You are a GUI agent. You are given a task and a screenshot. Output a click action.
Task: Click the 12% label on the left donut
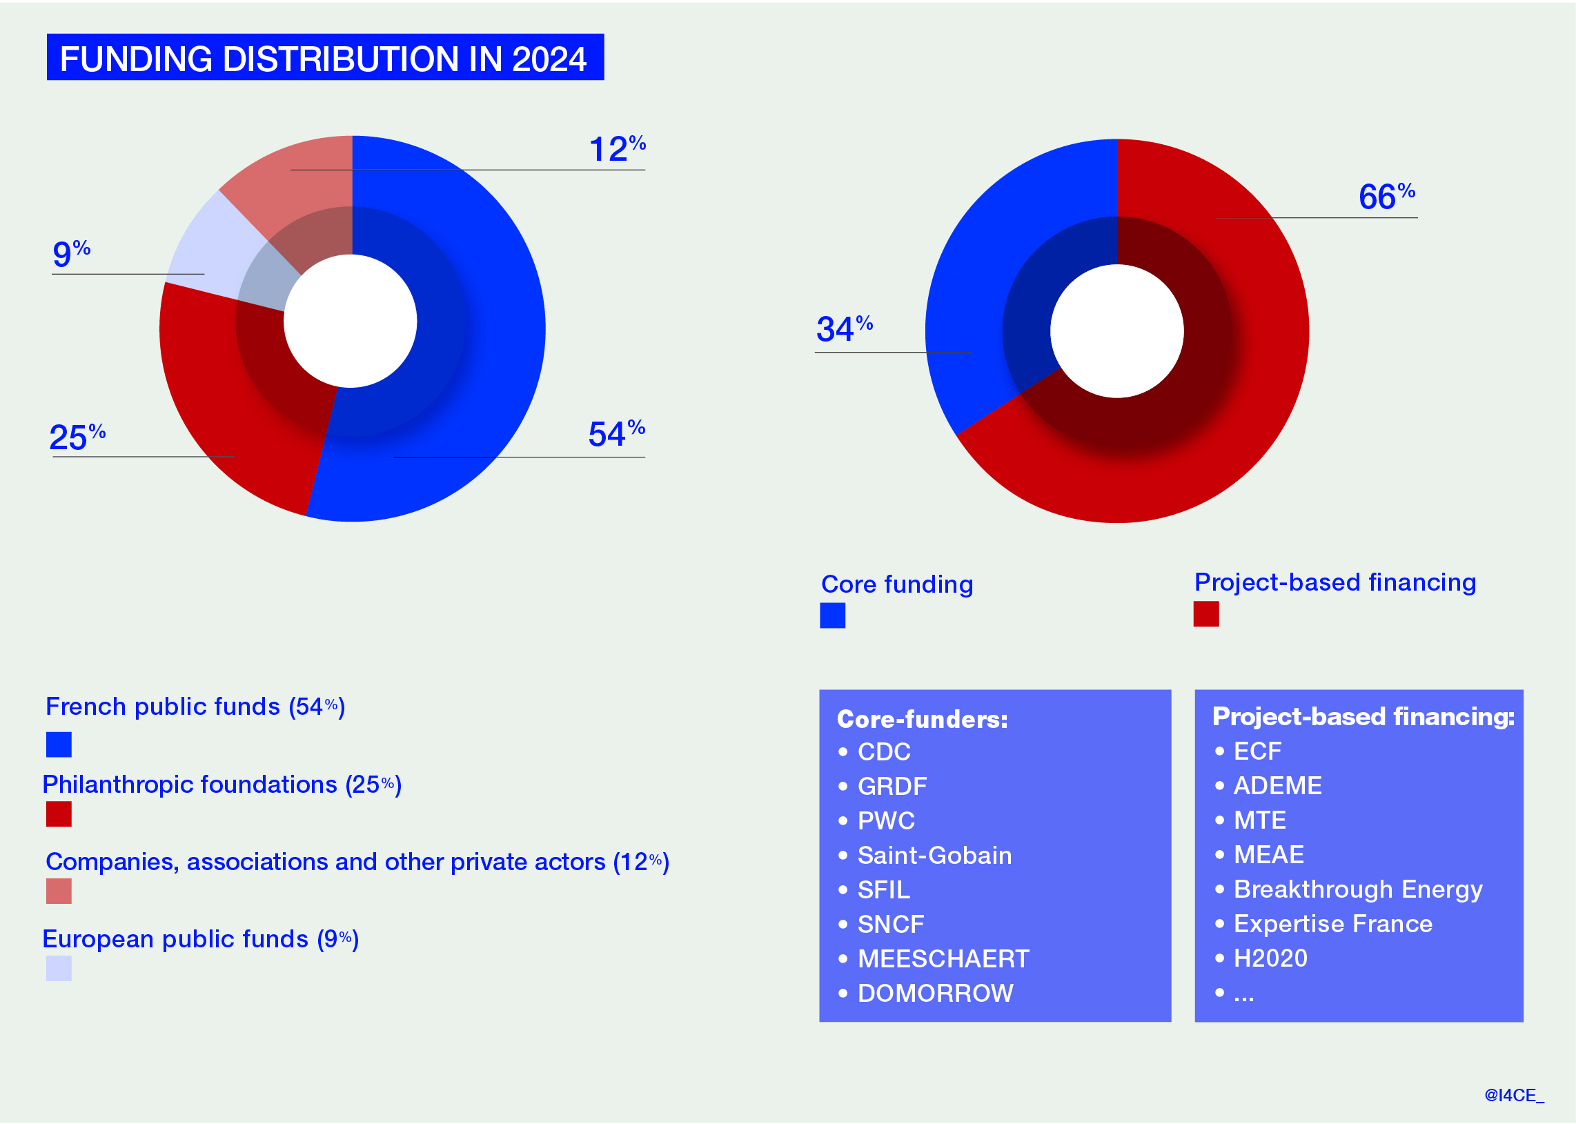pyautogui.click(x=617, y=149)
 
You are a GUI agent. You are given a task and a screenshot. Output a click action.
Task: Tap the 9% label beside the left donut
pyautogui.click(x=71, y=253)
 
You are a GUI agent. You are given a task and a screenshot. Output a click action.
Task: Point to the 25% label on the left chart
pyautogui.click(x=77, y=437)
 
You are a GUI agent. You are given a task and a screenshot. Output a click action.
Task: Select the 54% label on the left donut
pyautogui.click(x=616, y=434)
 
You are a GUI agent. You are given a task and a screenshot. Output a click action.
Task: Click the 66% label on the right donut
pyautogui.click(x=1386, y=197)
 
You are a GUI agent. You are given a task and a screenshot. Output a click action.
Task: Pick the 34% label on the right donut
pyautogui.click(x=844, y=328)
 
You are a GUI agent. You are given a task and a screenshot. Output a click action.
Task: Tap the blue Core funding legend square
pyautogui.click(x=832, y=615)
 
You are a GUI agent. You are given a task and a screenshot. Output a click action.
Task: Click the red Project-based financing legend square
pyautogui.click(x=1205, y=614)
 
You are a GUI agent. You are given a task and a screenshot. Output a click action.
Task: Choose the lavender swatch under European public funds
pyautogui.click(x=59, y=968)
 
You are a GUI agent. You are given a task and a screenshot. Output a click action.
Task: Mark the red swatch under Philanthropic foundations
pyautogui.click(x=59, y=814)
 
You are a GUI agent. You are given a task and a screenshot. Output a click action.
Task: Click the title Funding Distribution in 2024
pyautogui.click(x=324, y=58)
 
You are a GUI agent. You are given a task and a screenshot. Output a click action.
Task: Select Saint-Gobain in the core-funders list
pyautogui.click(x=934, y=856)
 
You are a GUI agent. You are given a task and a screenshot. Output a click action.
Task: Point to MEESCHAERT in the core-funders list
pyautogui.click(x=943, y=958)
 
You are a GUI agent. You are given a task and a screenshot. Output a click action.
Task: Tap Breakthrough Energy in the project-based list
pyautogui.click(x=1357, y=889)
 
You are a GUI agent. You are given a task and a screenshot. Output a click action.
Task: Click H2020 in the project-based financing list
pyautogui.click(x=1270, y=958)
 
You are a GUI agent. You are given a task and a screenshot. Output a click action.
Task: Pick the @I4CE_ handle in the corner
pyautogui.click(x=1514, y=1095)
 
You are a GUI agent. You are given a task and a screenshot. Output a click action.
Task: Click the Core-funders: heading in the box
pyautogui.click(x=922, y=719)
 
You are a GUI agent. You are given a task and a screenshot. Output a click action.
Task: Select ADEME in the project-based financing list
pyautogui.click(x=1277, y=785)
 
